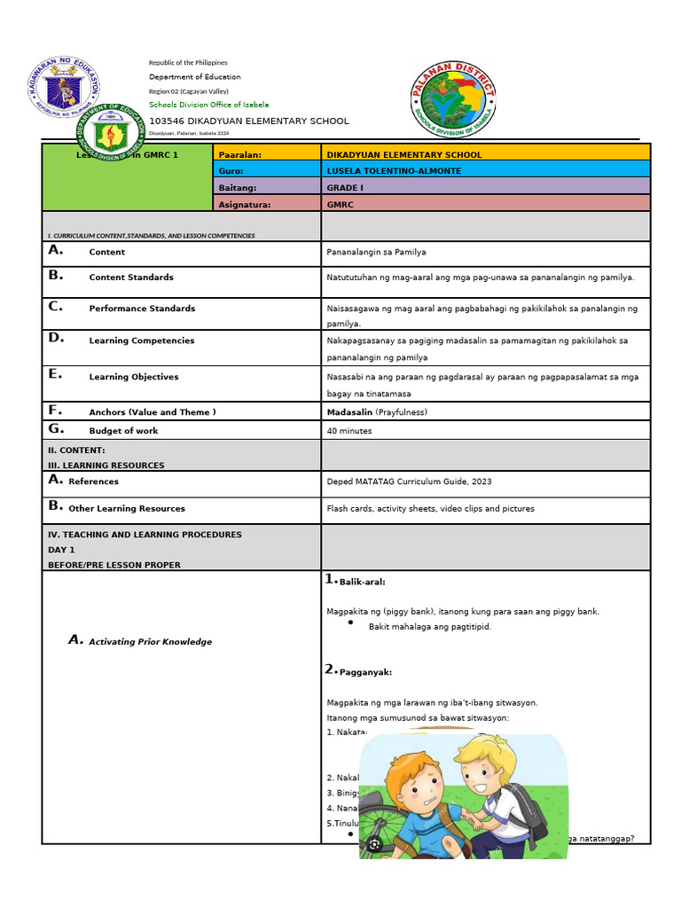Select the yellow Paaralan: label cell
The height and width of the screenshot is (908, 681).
(x=267, y=154)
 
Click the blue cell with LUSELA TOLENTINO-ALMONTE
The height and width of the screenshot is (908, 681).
(x=485, y=170)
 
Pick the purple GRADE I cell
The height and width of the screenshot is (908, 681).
(x=485, y=187)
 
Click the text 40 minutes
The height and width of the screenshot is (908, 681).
(x=349, y=431)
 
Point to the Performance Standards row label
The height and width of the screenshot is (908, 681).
(x=142, y=309)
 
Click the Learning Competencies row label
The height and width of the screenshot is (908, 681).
(x=141, y=340)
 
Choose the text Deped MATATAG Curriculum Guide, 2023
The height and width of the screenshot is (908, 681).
(x=409, y=481)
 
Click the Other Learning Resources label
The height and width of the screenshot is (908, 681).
(x=127, y=509)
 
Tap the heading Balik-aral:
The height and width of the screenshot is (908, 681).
(x=362, y=583)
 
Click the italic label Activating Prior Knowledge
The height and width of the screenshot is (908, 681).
(x=150, y=642)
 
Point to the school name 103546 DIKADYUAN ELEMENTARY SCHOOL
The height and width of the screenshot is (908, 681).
(x=249, y=121)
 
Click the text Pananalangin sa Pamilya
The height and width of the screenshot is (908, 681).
(x=376, y=253)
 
